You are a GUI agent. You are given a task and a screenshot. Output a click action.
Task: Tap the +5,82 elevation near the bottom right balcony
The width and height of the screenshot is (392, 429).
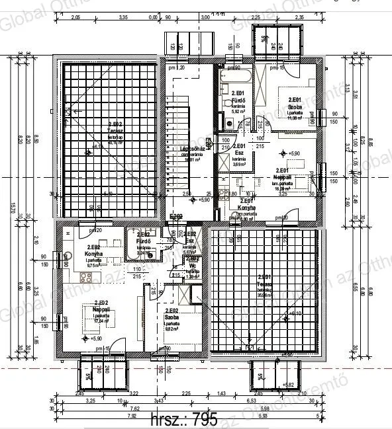pos(288,384)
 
